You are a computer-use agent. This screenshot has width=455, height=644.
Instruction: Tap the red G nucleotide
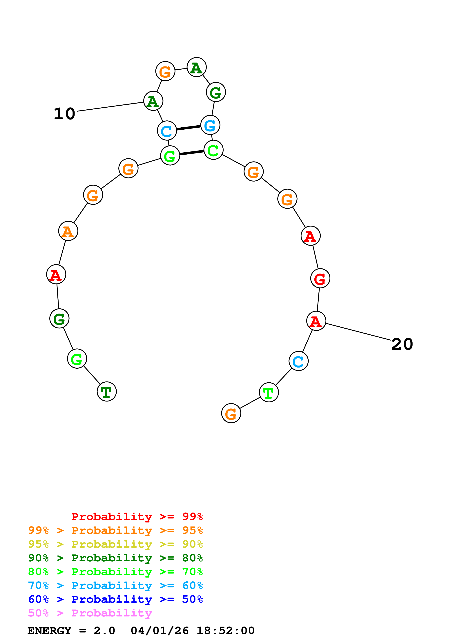click(320, 278)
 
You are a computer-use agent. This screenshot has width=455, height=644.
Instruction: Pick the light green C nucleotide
click(213, 150)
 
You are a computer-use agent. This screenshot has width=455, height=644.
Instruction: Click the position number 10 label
click(64, 114)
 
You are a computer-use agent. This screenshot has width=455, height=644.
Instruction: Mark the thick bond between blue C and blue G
click(188, 128)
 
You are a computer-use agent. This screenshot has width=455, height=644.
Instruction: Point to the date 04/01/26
click(159, 631)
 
